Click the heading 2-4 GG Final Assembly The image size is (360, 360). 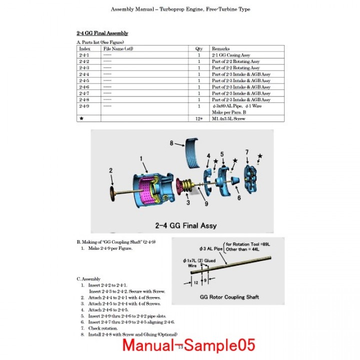pos(102,33)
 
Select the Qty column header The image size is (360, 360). pos(198,48)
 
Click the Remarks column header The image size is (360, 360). pos(220,48)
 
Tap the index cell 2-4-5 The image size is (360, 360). pos(84,80)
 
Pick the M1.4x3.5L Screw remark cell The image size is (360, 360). pos(229,118)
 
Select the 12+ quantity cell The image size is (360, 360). pos(199,118)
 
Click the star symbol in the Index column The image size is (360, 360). pos(81,118)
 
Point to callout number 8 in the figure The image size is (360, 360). pos(171,143)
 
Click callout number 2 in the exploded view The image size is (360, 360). pos(110,170)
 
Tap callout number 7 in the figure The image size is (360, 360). pos(246,151)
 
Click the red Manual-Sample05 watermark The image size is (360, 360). pos(188,345)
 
